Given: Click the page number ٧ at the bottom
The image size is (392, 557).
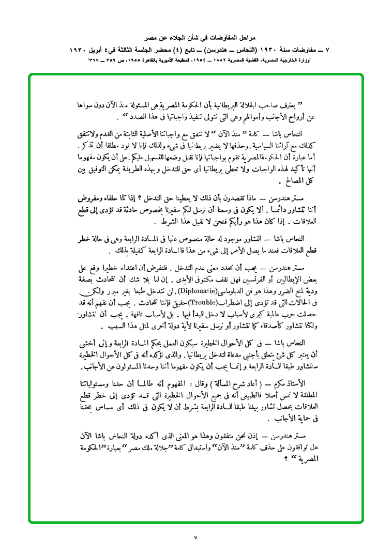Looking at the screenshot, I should coord(196,537).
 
